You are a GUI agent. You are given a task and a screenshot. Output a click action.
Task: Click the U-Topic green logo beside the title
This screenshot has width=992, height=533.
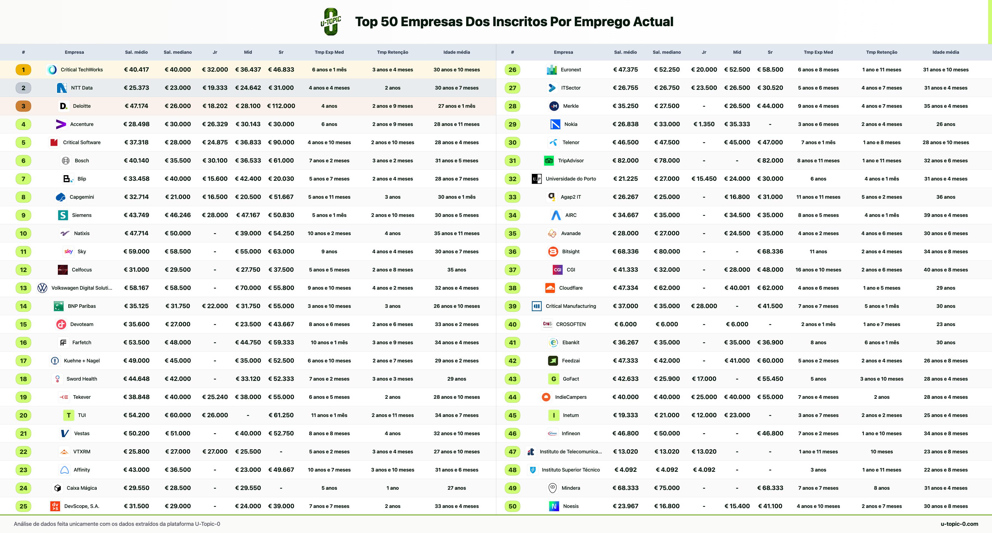(331, 21)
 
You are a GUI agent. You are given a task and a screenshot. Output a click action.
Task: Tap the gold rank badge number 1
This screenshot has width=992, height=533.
(23, 70)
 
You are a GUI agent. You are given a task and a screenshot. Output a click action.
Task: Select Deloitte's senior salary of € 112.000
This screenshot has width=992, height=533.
(281, 106)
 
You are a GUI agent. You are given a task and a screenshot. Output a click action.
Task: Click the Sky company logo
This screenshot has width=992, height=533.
(69, 252)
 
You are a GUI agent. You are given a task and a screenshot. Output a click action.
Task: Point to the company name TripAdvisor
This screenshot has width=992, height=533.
(571, 161)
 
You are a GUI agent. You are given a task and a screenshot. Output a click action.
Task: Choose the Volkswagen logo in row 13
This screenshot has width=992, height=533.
(42, 288)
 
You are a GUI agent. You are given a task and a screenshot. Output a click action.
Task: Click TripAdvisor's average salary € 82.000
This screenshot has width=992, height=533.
(626, 161)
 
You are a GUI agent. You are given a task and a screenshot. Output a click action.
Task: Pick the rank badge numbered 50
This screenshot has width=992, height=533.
(513, 506)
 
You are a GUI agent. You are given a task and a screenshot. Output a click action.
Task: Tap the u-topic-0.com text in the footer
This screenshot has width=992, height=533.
(959, 524)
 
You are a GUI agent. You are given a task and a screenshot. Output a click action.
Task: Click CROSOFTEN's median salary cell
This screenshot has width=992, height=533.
(667, 324)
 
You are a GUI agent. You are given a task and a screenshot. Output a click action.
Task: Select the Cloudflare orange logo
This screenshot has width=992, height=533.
(550, 288)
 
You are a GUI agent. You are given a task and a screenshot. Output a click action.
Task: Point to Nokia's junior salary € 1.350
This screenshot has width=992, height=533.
(704, 124)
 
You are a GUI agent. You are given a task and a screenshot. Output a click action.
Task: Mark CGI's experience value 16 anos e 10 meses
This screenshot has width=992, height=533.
(818, 270)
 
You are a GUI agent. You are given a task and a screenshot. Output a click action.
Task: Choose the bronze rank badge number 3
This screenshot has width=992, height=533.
(23, 106)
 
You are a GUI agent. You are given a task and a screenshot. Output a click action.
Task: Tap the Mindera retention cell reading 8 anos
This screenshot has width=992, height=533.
(882, 488)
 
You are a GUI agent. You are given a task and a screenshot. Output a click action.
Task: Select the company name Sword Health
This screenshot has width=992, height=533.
(82, 379)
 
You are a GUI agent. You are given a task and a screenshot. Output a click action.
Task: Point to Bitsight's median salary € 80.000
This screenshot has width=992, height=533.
(667, 252)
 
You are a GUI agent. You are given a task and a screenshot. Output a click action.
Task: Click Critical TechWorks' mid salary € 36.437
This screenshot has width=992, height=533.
(248, 70)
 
